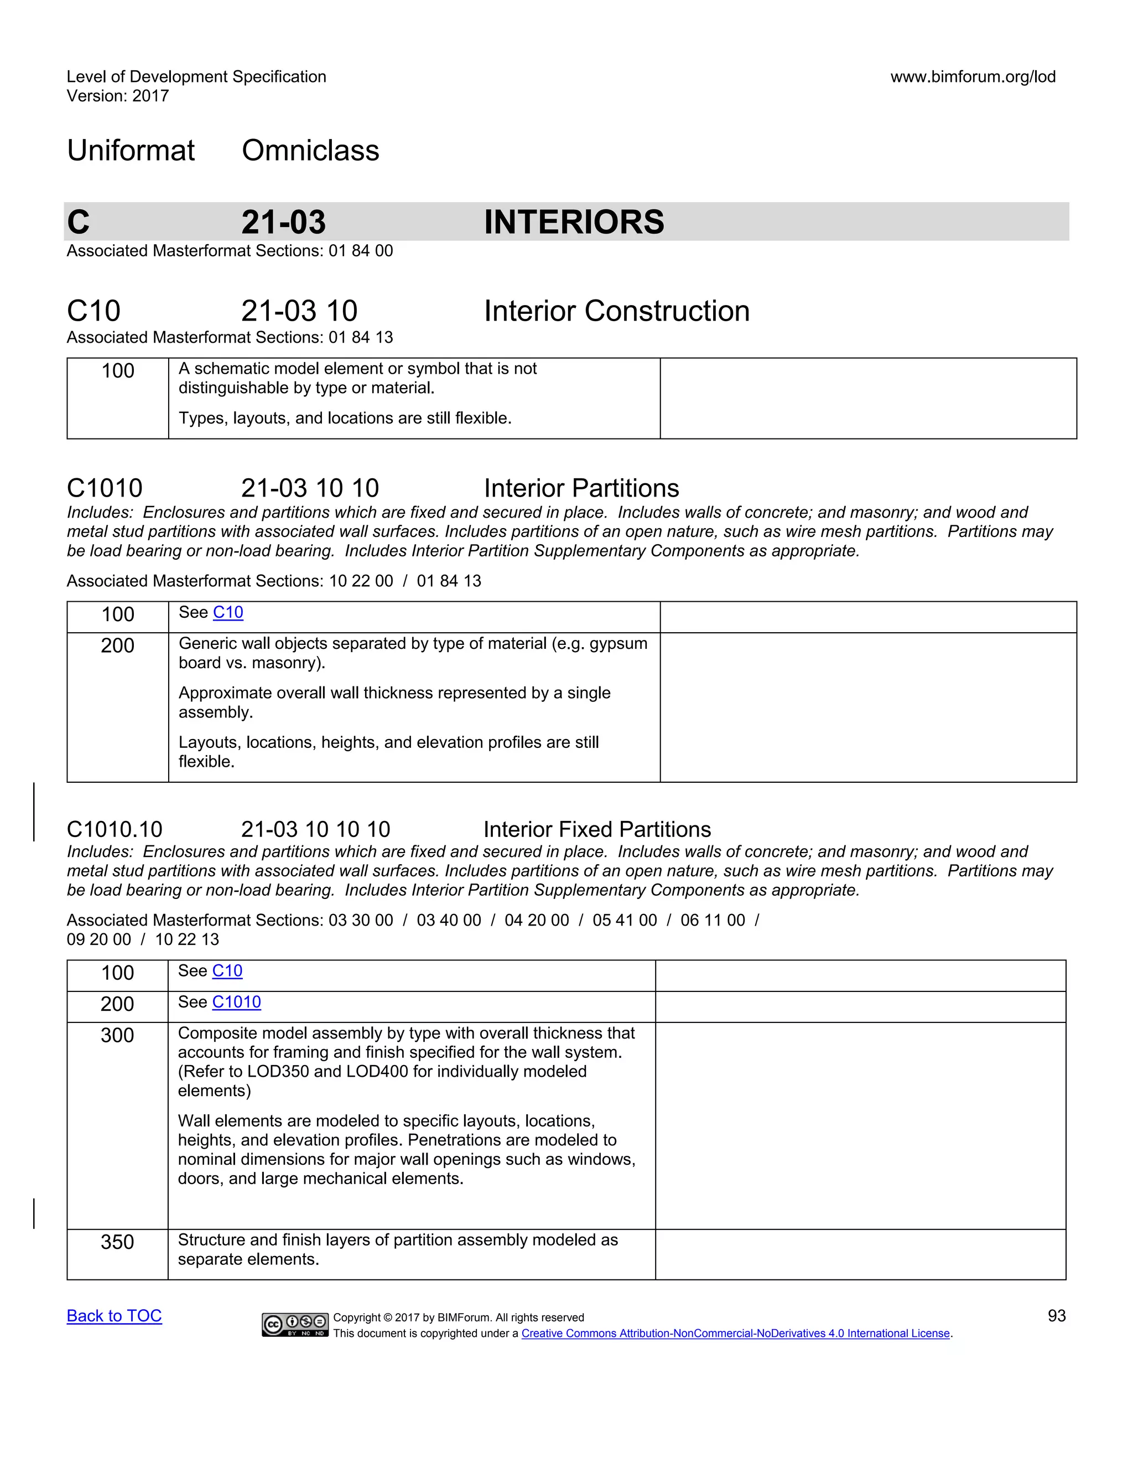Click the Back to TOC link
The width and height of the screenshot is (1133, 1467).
point(114,1316)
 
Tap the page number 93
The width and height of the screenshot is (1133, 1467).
point(1057,1316)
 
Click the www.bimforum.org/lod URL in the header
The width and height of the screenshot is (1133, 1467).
point(973,76)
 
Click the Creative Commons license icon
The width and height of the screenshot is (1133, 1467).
point(295,1324)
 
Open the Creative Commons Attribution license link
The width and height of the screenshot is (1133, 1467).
point(736,1334)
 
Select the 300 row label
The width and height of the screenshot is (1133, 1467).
point(117,1035)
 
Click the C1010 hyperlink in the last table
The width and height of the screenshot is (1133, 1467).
point(236,1002)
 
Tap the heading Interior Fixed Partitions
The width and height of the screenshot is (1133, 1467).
point(597,830)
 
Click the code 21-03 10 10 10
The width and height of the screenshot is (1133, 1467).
point(315,830)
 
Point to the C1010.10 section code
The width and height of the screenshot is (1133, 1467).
point(115,830)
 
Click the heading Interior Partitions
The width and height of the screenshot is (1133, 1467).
point(581,488)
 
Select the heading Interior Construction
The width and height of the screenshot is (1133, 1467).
point(616,311)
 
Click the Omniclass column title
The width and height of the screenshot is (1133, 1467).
point(310,151)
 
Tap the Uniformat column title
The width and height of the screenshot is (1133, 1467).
point(131,151)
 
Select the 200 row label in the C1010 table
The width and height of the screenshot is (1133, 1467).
point(117,645)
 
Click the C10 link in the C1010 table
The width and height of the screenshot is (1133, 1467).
point(227,613)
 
